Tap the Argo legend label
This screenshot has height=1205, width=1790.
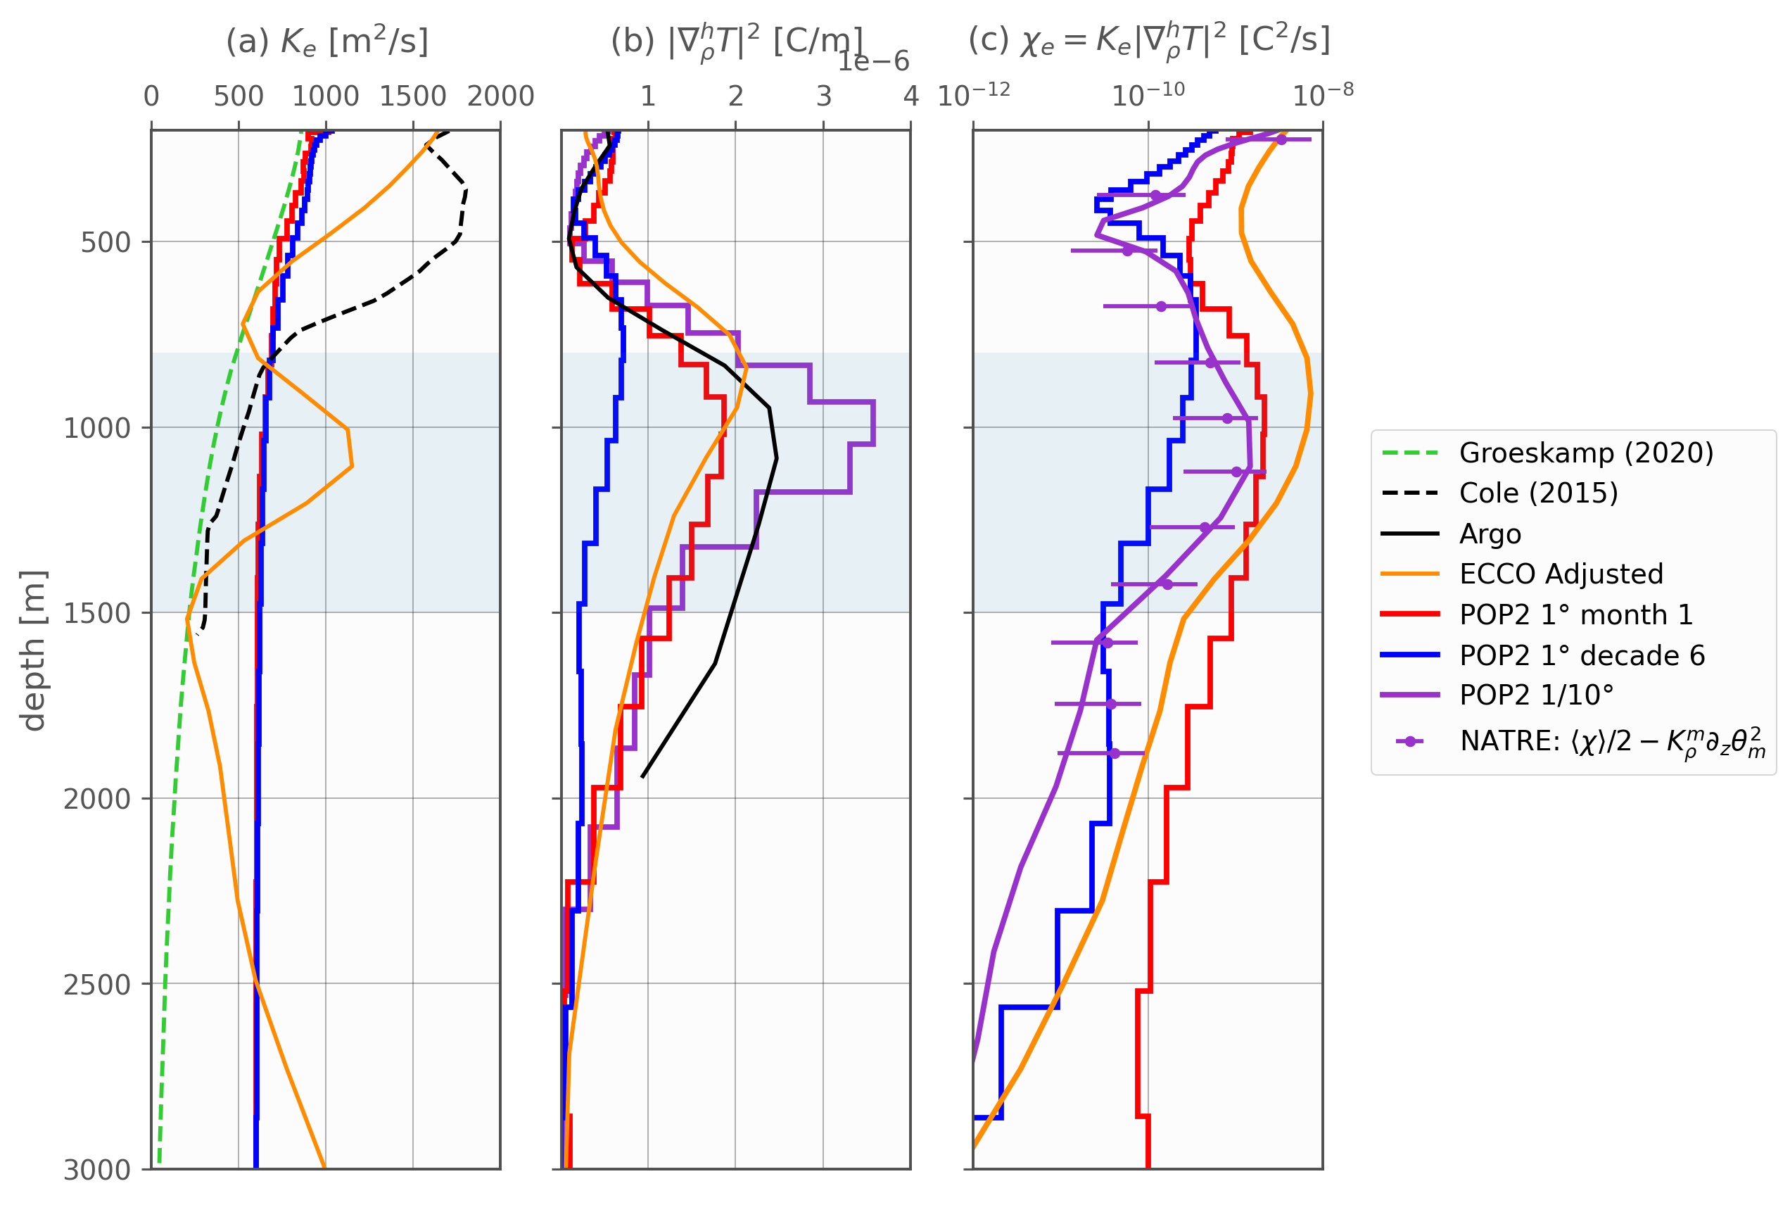[1490, 534]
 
